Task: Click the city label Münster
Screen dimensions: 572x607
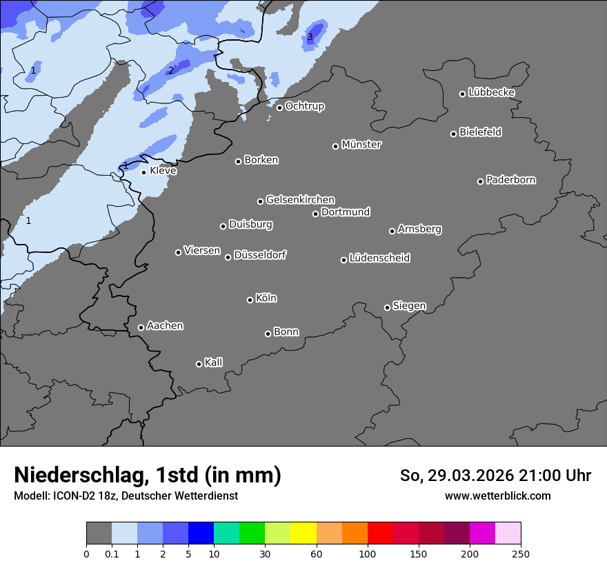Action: pos(361,145)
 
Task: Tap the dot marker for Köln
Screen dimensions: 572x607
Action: pos(250,300)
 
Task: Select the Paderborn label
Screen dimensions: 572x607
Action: pos(510,180)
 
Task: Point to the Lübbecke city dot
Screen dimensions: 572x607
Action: pos(463,94)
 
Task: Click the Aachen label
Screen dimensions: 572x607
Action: pos(165,326)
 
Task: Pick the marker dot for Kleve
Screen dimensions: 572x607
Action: pos(143,172)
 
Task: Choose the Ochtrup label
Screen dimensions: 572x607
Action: pos(304,106)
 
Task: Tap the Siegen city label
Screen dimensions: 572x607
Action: pos(409,306)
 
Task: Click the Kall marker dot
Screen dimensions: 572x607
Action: pos(199,364)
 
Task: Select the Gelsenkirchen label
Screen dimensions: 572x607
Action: pos(300,200)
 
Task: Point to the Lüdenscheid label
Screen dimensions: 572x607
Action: pos(379,258)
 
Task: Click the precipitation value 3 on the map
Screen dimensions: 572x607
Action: pos(310,37)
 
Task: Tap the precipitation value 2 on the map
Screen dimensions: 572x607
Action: pos(171,70)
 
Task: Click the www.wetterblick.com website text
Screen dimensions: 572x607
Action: pos(497,496)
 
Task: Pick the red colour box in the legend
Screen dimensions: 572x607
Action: pos(380,533)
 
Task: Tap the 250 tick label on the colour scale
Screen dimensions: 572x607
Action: pos(520,553)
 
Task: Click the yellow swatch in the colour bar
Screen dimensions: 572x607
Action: pos(303,533)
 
